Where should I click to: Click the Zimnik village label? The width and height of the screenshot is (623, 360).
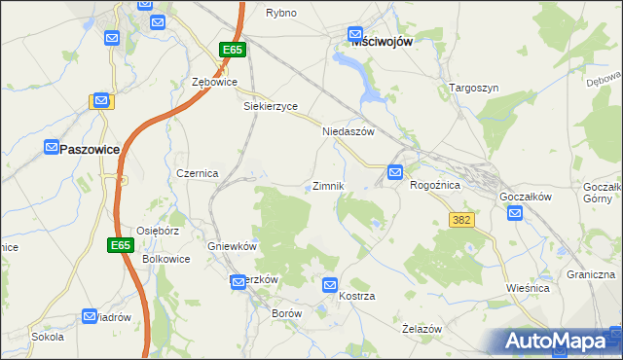point(327,186)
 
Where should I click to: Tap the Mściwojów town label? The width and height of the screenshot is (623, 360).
point(385,40)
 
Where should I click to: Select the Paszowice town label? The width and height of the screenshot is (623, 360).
point(90,149)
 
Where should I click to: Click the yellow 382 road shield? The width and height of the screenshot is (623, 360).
point(461,220)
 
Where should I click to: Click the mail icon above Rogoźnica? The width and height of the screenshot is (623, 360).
point(395,172)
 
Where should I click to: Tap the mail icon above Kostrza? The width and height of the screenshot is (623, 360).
point(329,285)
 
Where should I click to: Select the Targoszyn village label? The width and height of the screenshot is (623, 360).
point(474,88)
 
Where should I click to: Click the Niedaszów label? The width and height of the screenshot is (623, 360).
point(348,131)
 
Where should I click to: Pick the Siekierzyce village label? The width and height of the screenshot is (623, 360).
point(270,107)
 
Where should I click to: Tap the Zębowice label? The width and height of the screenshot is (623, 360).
point(215,83)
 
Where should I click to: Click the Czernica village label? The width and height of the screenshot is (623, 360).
point(197,172)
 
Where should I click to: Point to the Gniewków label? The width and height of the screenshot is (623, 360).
point(232,246)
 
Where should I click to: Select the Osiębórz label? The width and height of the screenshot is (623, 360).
point(159,231)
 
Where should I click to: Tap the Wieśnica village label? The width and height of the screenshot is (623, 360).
point(529,288)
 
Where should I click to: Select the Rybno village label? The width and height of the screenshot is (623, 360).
point(281,13)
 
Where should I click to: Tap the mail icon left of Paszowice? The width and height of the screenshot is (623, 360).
point(53,147)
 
